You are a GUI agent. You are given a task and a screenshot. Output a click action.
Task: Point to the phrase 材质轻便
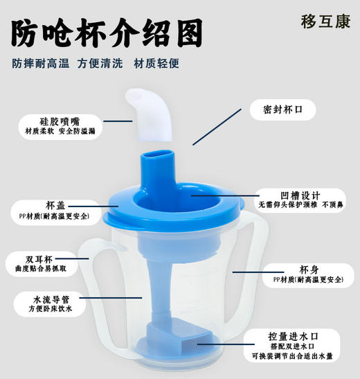[x=156, y=63]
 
